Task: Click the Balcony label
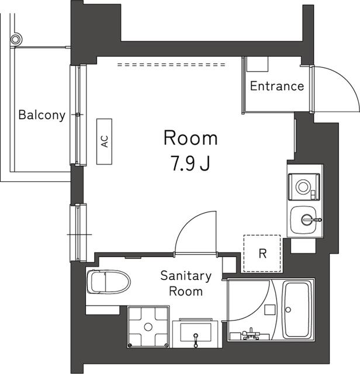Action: (41, 115)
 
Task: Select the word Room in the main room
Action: (191, 138)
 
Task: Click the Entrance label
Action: (277, 86)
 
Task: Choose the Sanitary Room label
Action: (186, 283)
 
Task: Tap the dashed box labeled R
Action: (262, 254)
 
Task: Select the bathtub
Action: (298, 310)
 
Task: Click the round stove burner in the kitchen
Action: (304, 186)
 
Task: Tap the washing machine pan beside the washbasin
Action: (147, 327)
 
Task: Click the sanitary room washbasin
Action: (196, 333)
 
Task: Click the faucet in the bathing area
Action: (252, 333)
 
